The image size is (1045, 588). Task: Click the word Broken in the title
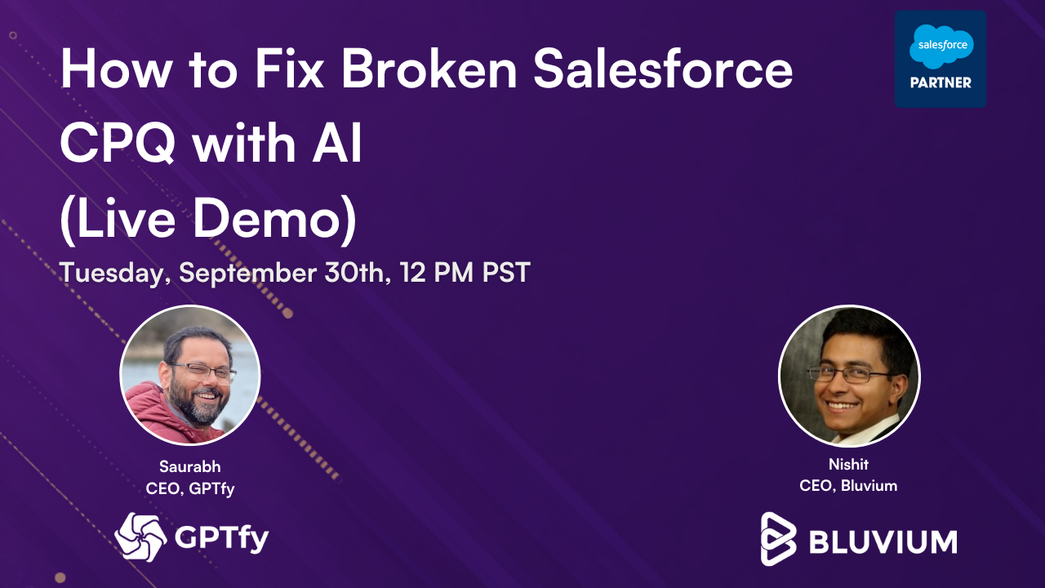tap(429, 70)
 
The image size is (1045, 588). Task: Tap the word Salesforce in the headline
tap(662, 70)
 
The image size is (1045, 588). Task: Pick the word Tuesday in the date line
tap(113, 273)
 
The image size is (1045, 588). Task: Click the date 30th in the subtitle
tap(353, 273)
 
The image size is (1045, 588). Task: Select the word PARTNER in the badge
tap(940, 82)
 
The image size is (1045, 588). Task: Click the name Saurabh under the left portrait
tap(189, 467)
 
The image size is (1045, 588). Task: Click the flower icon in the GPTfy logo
tap(141, 537)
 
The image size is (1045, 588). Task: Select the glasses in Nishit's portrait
tap(849, 375)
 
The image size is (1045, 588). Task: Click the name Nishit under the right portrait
tap(848, 465)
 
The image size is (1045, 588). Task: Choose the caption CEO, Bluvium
tap(848, 486)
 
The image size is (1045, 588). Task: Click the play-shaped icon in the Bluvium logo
tap(778, 538)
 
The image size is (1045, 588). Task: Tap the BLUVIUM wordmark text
tap(882, 541)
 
